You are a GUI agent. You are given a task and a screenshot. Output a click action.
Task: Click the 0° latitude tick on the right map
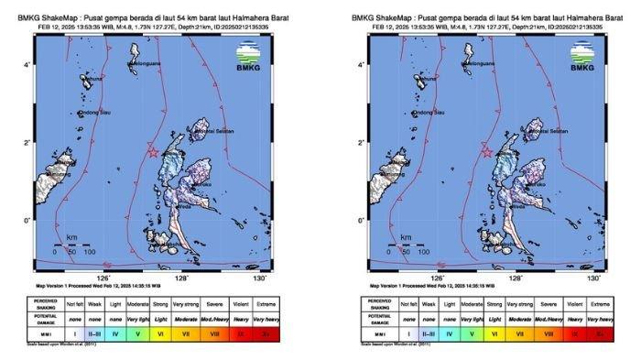pos(363,220)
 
